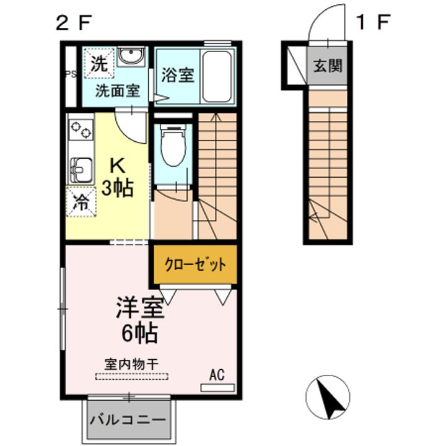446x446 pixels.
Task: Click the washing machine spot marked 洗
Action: [98, 63]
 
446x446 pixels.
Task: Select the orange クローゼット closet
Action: [195, 265]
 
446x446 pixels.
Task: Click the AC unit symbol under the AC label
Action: [217, 388]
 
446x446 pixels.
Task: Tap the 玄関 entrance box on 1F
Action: [326, 65]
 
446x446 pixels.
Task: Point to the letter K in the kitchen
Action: [117, 166]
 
